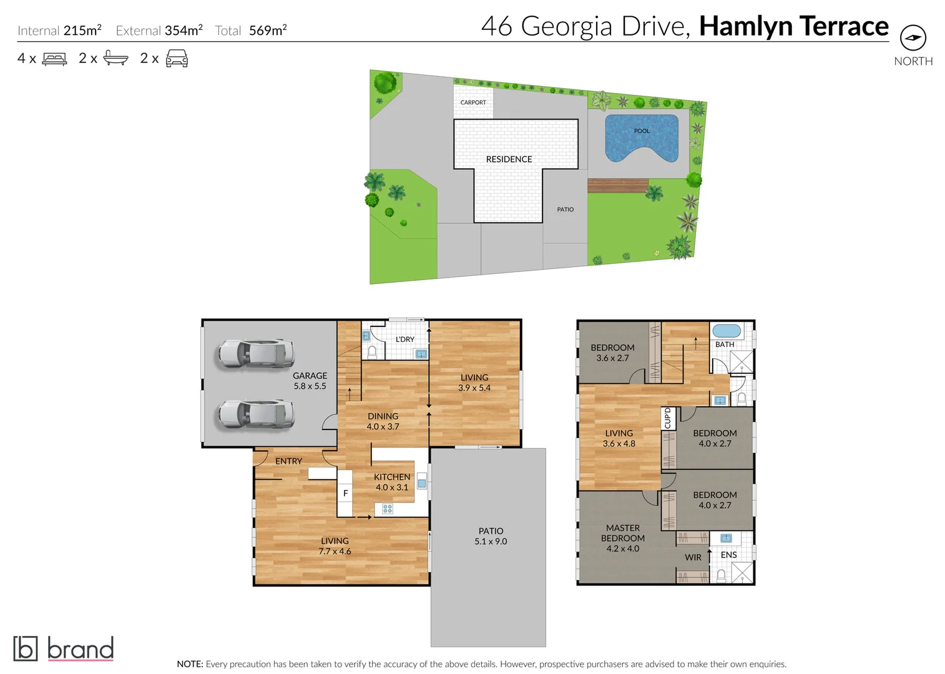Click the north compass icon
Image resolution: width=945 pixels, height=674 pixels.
pyautogui.click(x=913, y=37)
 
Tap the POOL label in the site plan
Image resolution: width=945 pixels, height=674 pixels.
pyautogui.click(x=642, y=131)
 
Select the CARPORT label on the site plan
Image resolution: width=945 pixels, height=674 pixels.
pyautogui.click(x=473, y=102)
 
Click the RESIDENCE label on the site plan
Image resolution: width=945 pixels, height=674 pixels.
pyautogui.click(x=509, y=159)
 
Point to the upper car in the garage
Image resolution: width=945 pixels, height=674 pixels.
pyautogui.click(x=256, y=354)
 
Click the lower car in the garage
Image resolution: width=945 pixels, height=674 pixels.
pyautogui.click(x=256, y=414)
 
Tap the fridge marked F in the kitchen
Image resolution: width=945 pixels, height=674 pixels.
pyautogui.click(x=345, y=493)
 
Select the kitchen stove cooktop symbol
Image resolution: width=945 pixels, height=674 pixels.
pyautogui.click(x=388, y=509)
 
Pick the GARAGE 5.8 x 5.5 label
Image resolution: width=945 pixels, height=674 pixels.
pyautogui.click(x=310, y=381)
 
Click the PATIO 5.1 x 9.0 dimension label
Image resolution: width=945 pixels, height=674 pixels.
pyautogui.click(x=491, y=536)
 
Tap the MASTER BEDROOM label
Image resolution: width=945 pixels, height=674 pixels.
pyautogui.click(x=622, y=538)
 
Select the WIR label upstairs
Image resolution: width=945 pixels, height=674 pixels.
pyautogui.click(x=693, y=557)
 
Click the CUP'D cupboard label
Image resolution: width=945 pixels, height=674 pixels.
pyautogui.click(x=668, y=418)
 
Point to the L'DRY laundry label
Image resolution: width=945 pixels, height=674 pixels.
pyautogui.click(x=405, y=339)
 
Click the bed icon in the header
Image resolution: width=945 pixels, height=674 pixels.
pyautogui.click(x=54, y=59)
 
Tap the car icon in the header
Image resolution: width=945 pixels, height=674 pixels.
pyautogui.click(x=177, y=59)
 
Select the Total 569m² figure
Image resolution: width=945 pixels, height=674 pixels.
pyautogui.click(x=251, y=31)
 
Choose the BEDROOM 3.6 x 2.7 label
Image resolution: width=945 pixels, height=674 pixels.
pyautogui.click(x=612, y=353)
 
